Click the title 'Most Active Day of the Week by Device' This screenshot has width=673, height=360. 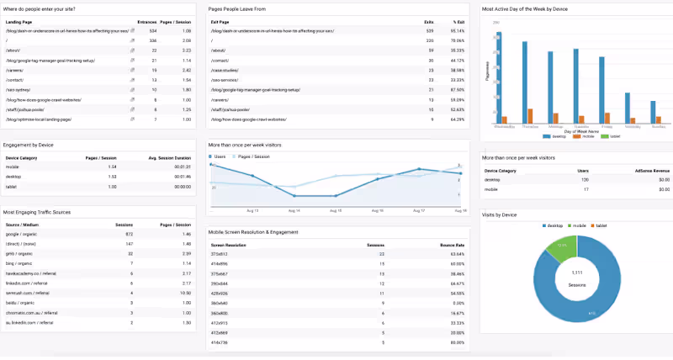(x=526, y=9)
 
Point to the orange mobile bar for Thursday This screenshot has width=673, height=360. (x=530, y=116)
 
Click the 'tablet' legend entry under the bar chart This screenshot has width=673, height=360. (x=603, y=135)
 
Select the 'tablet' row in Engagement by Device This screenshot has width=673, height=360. (x=11, y=187)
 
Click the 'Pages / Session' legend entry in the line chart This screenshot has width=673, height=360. (x=256, y=156)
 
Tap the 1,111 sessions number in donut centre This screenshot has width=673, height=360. (x=577, y=274)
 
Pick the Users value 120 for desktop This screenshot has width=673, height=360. (x=562, y=179)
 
